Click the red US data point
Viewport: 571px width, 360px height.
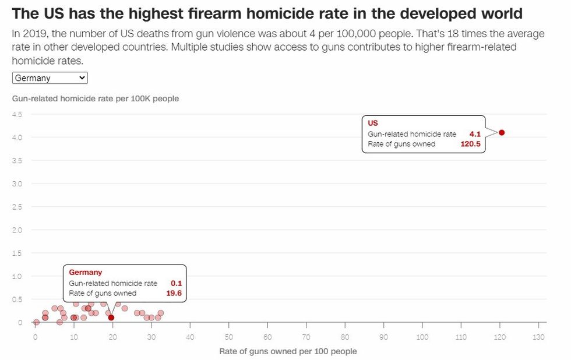tap(501, 133)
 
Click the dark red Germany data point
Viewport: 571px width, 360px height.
tap(111, 317)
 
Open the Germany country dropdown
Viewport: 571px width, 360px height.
tap(50, 78)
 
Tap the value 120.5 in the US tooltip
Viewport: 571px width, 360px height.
tap(470, 144)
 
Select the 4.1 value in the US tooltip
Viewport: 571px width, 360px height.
tap(474, 134)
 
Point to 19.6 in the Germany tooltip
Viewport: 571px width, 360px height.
tap(174, 293)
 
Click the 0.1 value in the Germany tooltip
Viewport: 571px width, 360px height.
tap(177, 283)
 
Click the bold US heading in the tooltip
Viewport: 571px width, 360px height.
tap(373, 123)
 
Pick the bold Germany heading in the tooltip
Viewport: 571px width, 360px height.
tap(85, 272)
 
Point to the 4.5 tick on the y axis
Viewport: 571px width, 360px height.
tap(17, 114)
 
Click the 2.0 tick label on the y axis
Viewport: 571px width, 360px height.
tap(17, 230)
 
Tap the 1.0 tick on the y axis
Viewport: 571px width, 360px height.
tap(17, 276)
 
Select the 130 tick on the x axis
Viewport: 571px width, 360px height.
tap(539, 337)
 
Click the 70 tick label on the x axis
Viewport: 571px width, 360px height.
tap(306, 337)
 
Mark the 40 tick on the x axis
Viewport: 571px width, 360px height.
tap(191, 337)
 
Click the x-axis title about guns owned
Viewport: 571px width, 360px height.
tap(288, 351)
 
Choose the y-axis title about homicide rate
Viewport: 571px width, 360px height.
tap(96, 98)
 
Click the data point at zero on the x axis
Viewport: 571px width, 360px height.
tap(36, 322)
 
